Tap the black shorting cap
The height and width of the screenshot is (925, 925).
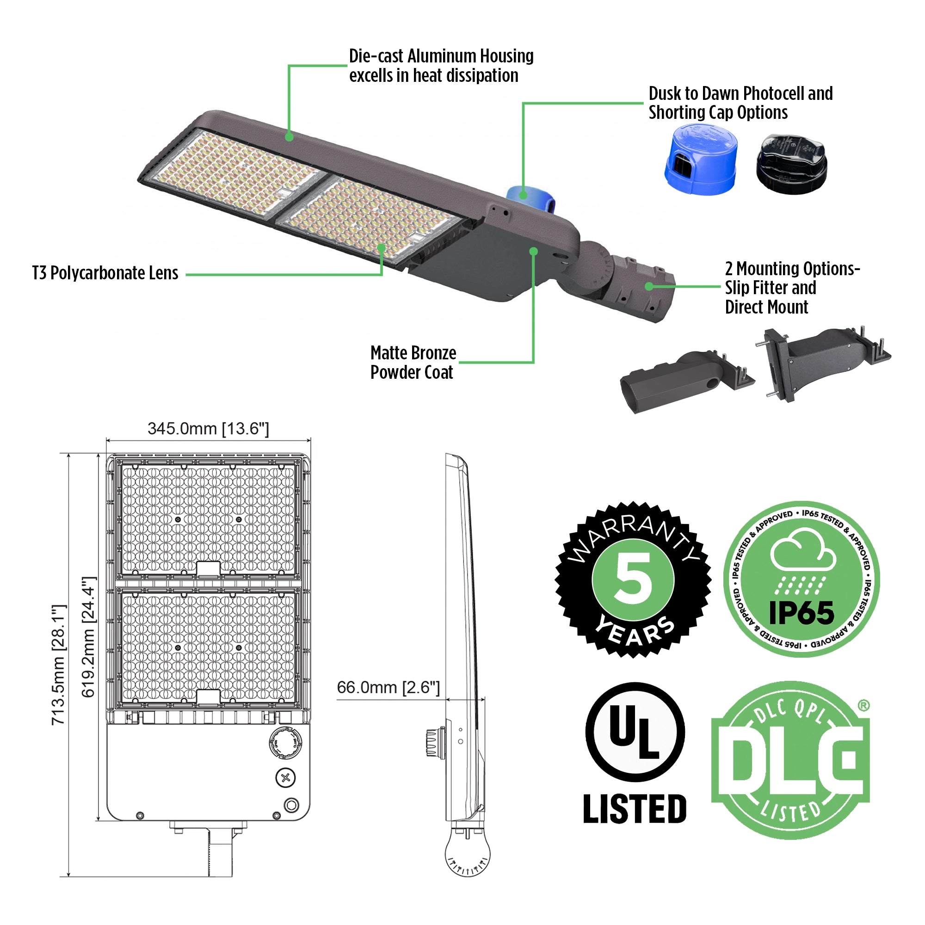(791, 164)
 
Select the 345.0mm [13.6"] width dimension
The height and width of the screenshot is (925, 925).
(208, 429)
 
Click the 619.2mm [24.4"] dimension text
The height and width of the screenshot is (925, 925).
(89, 637)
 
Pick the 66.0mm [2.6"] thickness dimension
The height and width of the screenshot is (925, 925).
(388, 688)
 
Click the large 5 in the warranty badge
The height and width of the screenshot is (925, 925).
(633, 579)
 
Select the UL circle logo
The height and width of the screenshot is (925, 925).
(635, 732)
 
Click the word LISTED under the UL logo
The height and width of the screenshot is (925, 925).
(635, 808)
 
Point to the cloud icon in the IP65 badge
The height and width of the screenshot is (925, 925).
(803, 550)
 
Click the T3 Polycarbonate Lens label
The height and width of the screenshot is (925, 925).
(105, 273)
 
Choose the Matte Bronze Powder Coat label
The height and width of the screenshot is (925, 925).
(413, 363)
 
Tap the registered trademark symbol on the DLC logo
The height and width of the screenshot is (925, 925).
(863, 705)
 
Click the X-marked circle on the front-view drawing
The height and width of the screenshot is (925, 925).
(285, 777)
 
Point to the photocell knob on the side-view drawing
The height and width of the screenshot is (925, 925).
(435, 742)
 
